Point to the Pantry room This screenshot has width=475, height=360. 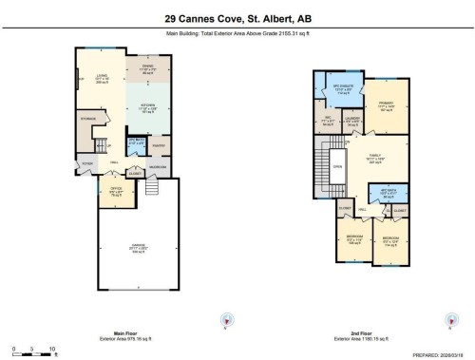click(158, 145)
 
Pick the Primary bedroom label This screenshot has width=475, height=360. click(388, 107)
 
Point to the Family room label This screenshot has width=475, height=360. click(378, 159)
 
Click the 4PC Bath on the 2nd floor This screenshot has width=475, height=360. click(387, 193)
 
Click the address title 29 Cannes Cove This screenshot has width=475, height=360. click(237, 17)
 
